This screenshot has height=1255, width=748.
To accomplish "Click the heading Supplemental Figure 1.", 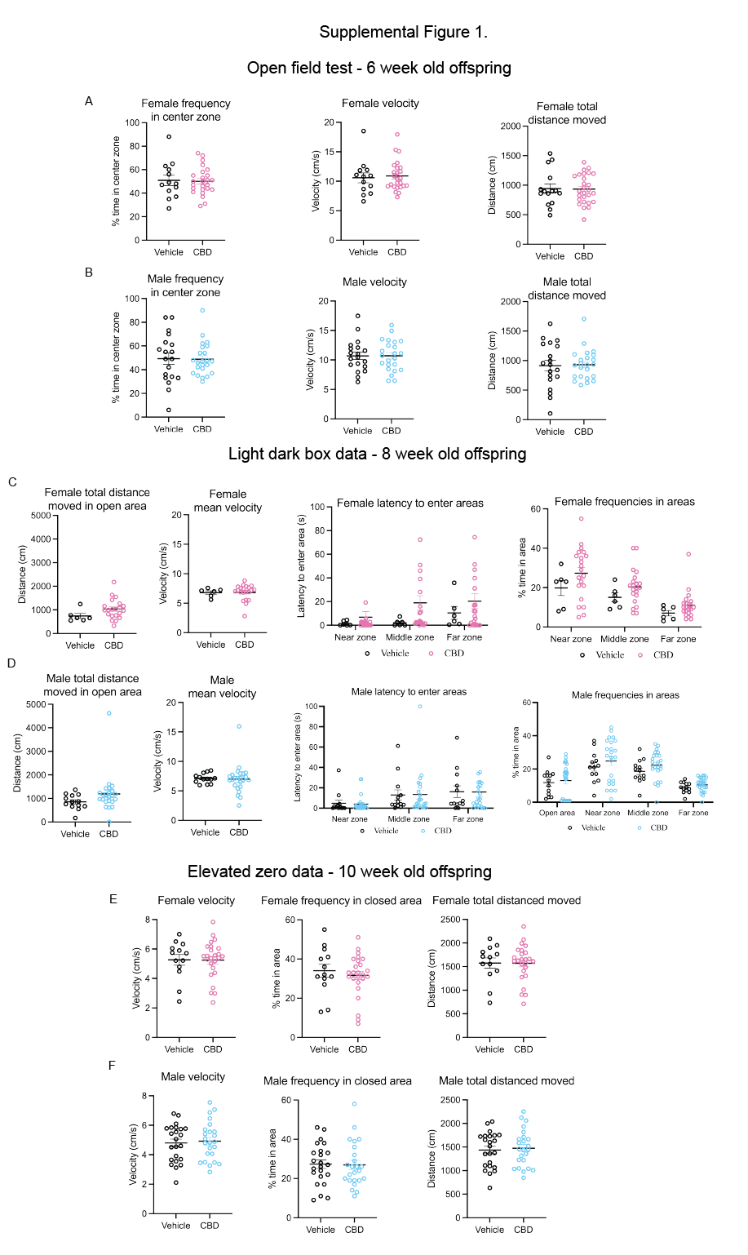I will pos(403,32).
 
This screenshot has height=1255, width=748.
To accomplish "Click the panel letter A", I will pos(89,101).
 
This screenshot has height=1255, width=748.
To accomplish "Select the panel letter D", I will pos(11,663).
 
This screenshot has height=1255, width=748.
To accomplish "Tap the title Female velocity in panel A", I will pos(380,104).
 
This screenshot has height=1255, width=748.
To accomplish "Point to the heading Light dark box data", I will pos(377,454).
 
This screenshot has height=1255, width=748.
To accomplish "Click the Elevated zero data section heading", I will pos(339,871).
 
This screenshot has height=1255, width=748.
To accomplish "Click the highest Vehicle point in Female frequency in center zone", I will pos(169,137).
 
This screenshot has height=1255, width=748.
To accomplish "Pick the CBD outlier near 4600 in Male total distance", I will pos(108,713).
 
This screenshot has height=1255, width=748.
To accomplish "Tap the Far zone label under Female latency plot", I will pos(464,637).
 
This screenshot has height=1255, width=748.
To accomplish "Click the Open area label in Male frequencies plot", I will pos(557,813).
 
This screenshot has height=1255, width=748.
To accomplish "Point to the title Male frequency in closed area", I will pos(338,1081).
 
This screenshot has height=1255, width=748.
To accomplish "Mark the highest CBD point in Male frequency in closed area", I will pos(354,1105).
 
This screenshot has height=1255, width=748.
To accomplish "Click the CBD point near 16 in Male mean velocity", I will pos(239,726).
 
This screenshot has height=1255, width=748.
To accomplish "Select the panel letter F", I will pos(112,1066).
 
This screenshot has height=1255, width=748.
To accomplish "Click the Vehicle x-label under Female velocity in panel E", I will pos(179,1049).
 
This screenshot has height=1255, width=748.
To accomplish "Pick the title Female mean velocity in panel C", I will pos(228,501).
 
